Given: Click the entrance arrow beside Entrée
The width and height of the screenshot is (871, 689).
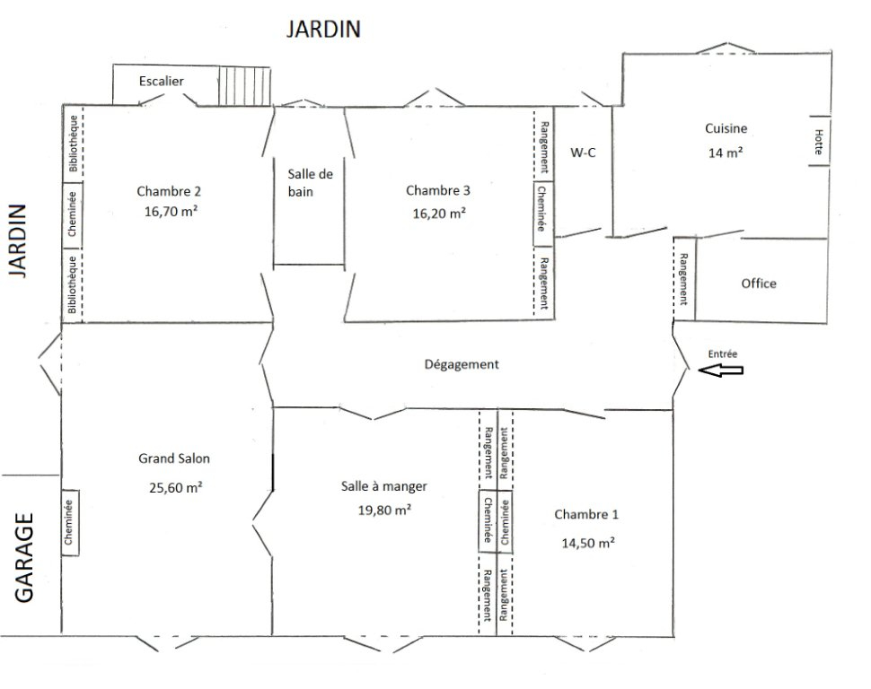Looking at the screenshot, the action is point(720,371).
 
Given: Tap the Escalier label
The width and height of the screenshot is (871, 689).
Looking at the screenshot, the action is point(161,81).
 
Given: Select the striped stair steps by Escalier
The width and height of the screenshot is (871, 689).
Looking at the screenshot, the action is point(244,86).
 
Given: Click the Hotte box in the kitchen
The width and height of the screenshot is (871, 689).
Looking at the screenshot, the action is point(819,141).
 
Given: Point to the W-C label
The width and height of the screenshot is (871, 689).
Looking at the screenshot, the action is point(583,153).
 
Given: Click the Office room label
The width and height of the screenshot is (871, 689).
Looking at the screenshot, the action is point(759,283).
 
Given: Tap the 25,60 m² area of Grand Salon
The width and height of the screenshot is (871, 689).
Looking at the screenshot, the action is point(175,487).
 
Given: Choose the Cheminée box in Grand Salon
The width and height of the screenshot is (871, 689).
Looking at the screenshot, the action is point(69,522).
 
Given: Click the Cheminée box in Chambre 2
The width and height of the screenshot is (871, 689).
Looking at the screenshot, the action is point(72,214).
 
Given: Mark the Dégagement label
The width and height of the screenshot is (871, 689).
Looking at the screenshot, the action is point(462,364).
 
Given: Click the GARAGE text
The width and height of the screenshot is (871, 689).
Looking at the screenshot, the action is point(24,557).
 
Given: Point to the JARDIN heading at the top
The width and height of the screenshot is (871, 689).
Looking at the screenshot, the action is point(323,29).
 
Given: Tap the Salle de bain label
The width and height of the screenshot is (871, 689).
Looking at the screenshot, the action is point(310,183).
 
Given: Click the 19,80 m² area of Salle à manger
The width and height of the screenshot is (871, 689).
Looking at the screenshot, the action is point(384,510).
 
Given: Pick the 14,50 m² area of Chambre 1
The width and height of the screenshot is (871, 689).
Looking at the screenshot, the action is point(588,543).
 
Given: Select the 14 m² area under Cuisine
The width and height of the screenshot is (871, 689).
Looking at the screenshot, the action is point(726,153).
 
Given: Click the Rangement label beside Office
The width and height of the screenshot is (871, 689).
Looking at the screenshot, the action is point(684,279).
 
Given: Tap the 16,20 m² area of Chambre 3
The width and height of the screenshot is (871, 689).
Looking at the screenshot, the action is point(439,214).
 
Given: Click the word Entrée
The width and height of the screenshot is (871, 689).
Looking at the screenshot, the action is point(723,353).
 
